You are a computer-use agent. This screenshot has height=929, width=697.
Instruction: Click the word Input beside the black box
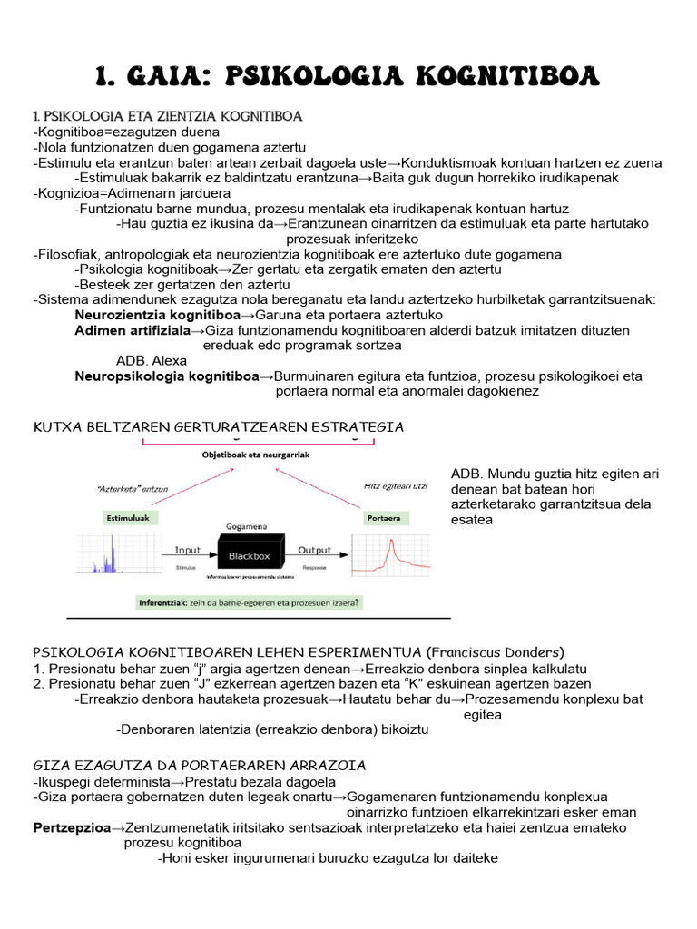click(x=188, y=550)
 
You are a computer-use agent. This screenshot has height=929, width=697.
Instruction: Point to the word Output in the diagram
click(x=315, y=550)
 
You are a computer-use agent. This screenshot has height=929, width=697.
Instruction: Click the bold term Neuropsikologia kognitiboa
click(x=167, y=376)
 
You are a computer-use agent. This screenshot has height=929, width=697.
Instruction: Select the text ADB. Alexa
click(x=152, y=360)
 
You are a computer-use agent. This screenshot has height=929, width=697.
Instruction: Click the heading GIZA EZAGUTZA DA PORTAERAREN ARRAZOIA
click(x=200, y=764)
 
